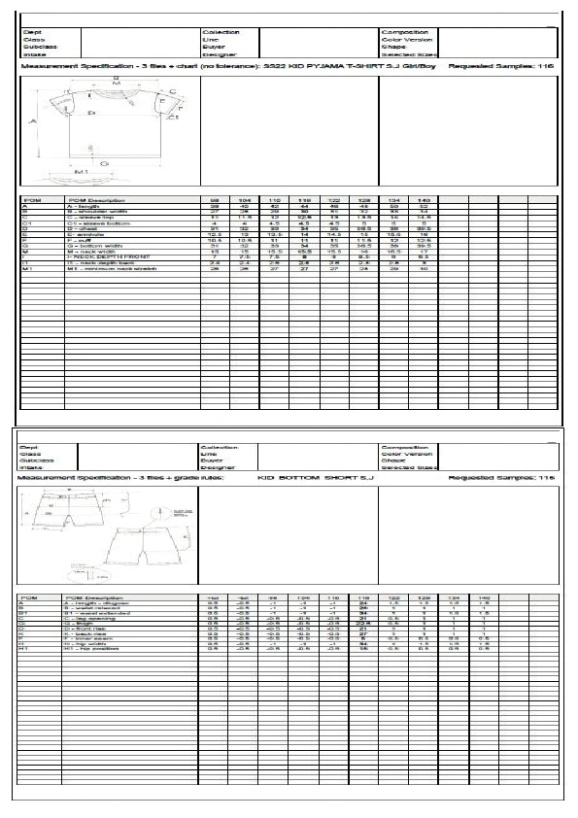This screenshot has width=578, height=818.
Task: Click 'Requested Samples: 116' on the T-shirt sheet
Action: (x=506, y=65)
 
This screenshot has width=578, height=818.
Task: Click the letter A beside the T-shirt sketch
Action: (x=32, y=122)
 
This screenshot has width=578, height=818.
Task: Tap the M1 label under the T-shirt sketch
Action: (x=82, y=171)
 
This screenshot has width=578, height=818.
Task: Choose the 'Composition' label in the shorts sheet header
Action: (x=403, y=446)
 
